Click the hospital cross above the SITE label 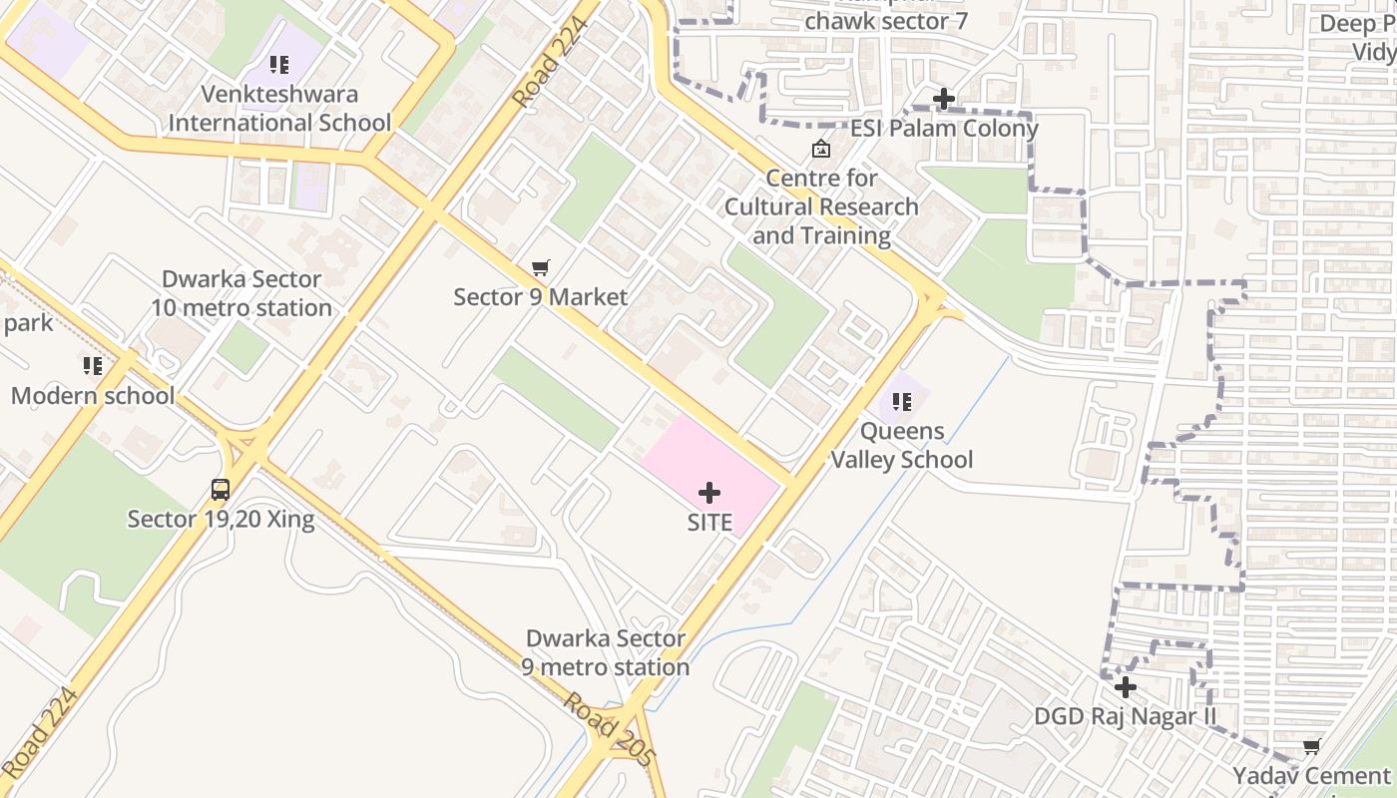click(x=709, y=493)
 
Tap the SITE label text click(x=709, y=522)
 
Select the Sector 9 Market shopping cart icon click(x=541, y=267)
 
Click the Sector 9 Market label click(x=541, y=296)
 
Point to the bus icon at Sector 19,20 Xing click(x=221, y=490)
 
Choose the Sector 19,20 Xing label click(x=221, y=519)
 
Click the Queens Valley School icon click(x=902, y=402)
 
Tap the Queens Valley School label click(x=902, y=446)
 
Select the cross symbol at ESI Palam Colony click(x=943, y=99)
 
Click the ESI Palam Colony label click(x=944, y=128)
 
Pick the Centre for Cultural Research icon click(x=821, y=150)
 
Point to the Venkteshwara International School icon click(x=279, y=65)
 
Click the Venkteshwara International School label click(x=279, y=108)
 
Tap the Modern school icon click(x=93, y=366)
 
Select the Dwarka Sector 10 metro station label click(x=241, y=293)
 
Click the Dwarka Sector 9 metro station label click(x=606, y=652)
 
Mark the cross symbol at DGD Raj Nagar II click(x=1126, y=687)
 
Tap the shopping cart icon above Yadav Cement click(x=1311, y=747)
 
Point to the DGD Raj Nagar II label click(x=1126, y=716)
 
